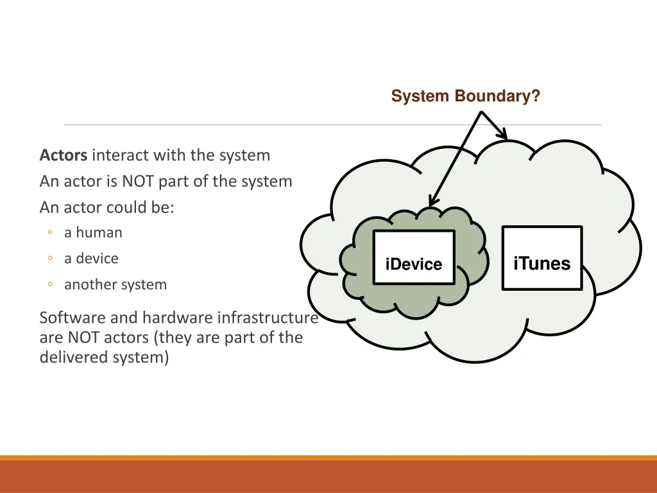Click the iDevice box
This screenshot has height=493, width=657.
point(413,257)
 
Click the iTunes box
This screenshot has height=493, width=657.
point(542,257)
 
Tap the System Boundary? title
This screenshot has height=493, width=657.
point(465,96)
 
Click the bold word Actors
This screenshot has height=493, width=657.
point(64,155)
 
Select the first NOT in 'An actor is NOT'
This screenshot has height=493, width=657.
point(138,182)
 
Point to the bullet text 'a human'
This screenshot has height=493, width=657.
point(93,232)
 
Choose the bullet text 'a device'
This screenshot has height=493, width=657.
point(91,259)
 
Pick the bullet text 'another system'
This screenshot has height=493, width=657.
point(115,284)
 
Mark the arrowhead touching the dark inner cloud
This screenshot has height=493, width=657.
point(432,202)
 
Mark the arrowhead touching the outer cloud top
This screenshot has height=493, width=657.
point(504,136)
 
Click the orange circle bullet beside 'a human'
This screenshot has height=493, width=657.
point(50,233)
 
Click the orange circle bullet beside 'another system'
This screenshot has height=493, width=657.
point(50,285)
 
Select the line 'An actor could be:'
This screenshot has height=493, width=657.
point(107,208)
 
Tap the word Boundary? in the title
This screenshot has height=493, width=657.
point(497,96)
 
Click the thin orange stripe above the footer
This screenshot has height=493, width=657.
point(328,458)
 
